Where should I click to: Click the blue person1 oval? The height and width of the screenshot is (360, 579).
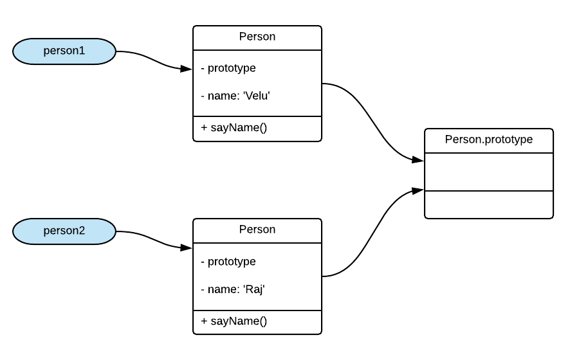pos(64,51)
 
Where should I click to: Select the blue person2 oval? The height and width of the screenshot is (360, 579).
pos(64,231)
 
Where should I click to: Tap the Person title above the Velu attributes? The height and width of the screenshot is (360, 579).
pos(257,37)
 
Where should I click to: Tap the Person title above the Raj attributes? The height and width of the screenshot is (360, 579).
pos(257,230)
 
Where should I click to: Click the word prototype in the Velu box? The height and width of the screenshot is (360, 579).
pos(232,68)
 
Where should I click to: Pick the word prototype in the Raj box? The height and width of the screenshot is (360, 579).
pos(232,262)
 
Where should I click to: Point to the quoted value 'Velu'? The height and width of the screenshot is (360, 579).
pos(256,96)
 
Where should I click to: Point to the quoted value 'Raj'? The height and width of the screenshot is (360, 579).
pos(253,290)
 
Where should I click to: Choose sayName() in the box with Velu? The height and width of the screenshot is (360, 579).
pos(238,127)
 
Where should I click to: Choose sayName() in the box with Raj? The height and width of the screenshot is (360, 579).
pos(238,321)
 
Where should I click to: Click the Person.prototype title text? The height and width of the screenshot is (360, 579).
pos(489,139)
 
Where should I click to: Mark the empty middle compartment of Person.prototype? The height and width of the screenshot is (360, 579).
pos(489,172)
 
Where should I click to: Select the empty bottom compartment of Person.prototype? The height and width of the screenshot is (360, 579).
pos(489,204)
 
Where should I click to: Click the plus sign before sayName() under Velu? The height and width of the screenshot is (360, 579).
pos(204,127)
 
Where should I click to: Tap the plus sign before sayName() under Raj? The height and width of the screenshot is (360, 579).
pos(204,321)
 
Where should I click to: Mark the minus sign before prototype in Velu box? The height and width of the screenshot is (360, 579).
pos(203,68)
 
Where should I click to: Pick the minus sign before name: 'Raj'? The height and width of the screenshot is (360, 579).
pos(203,290)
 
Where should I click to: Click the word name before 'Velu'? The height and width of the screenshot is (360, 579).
pos(222,96)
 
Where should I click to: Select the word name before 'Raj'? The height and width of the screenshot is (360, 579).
pos(222,290)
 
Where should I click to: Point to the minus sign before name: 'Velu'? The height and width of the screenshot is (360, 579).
pos(203,96)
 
